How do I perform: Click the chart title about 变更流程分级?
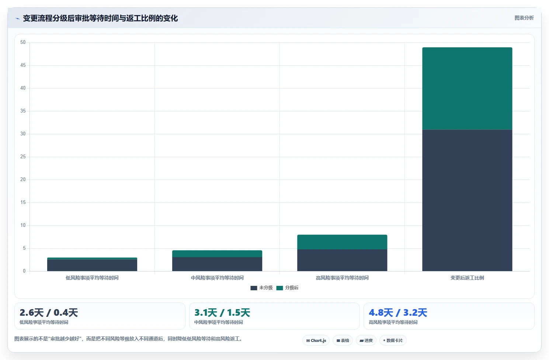pyautogui.click(x=100, y=18)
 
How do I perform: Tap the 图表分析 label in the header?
pyautogui.click(x=524, y=18)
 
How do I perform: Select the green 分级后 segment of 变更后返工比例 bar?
pyautogui.click(x=467, y=88)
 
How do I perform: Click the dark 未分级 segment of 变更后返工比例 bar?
pyautogui.click(x=467, y=200)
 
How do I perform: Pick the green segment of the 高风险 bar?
pyautogui.click(x=342, y=242)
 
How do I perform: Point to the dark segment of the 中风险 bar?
pyautogui.click(x=217, y=264)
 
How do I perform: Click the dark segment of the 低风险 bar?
pyautogui.click(x=92, y=265)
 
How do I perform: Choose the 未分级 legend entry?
pyautogui.click(x=261, y=288)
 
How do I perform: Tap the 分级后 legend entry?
pyautogui.click(x=287, y=288)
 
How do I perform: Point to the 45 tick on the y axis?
pyautogui.click(x=23, y=65)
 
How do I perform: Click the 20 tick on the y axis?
pyautogui.click(x=23, y=180)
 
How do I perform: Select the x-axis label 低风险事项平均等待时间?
pyautogui.click(x=92, y=278)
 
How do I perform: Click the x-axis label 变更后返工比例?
pyautogui.click(x=467, y=278)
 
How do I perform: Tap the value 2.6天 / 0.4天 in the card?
pyautogui.click(x=49, y=313)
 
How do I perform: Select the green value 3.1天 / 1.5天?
pyautogui.click(x=222, y=313)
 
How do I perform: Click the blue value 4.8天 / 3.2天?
pyautogui.click(x=398, y=313)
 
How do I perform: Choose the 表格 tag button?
pyautogui.click(x=343, y=340)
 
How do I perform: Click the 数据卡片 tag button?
pyautogui.click(x=393, y=340)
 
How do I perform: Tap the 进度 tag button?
pyautogui.click(x=366, y=340)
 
